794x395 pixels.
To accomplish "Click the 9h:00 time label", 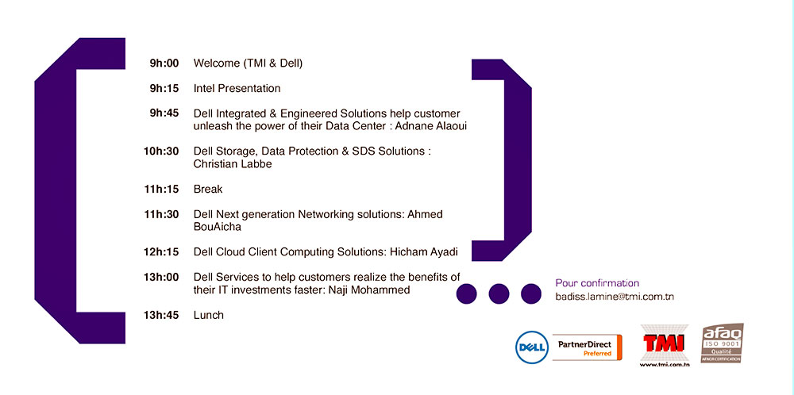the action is [x=164, y=63].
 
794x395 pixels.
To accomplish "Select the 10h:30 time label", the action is [x=161, y=151].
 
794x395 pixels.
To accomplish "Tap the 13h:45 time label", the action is [x=161, y=315].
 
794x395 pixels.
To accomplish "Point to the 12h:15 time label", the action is [x=161, y=252].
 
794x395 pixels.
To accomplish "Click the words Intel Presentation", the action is [x=237, y=89].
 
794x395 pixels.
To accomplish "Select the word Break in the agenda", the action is [x=208, y=189].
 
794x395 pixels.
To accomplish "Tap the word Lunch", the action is [x=209, y=315].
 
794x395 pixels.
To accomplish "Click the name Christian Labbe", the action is [x=233, y=164].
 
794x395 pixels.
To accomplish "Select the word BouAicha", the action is [x=218, y=227].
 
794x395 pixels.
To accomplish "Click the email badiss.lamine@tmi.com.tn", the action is [x=615, y=297].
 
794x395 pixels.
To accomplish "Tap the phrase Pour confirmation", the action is [x=598, y=283].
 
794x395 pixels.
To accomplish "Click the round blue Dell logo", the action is [x=532, y=347].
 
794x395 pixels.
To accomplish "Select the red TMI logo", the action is [x=665, y=344].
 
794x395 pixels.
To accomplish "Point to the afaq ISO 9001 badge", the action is [x=722, y=343].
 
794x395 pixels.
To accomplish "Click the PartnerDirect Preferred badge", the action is [x=587, y=347].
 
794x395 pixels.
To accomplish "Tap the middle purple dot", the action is [x=499, y=293].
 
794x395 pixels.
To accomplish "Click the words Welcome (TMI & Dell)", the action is [x=248, y=63].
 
